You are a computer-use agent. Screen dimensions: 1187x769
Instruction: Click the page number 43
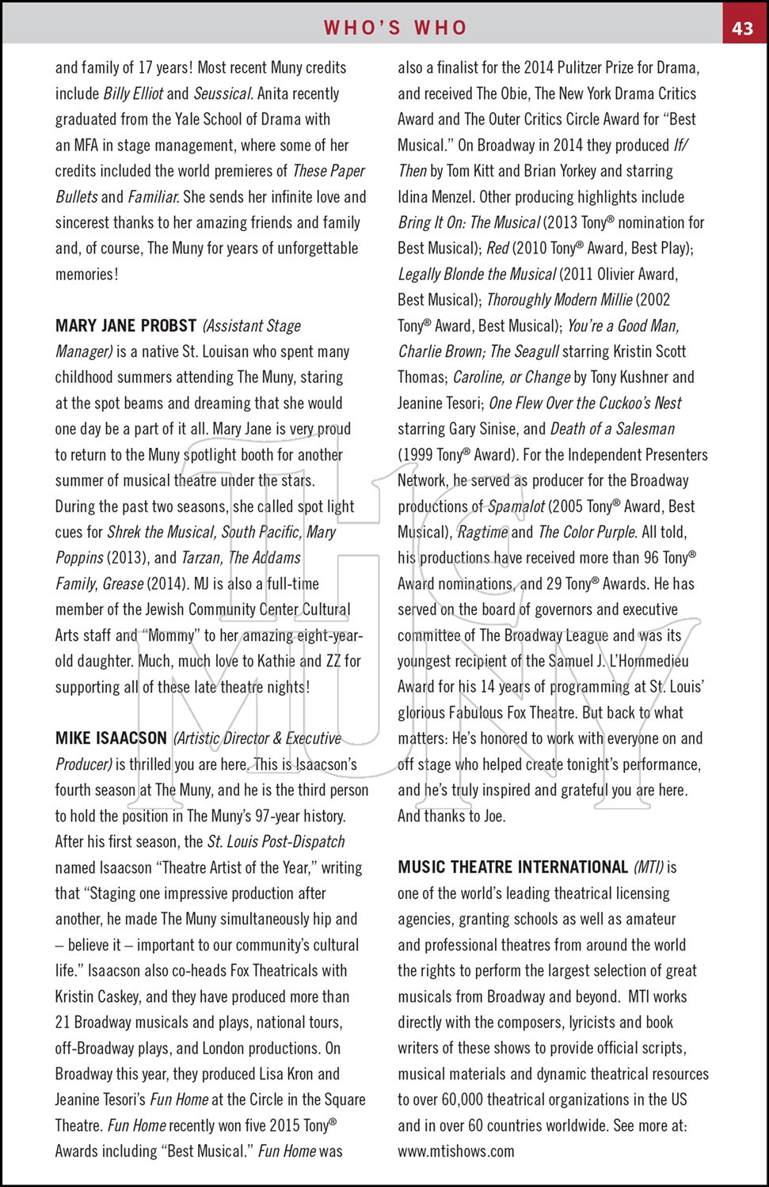[x=742, y=28]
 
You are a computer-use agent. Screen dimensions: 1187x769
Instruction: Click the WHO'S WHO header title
[x=395, y=28]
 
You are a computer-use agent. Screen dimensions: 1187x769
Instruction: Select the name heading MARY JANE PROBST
[x=126, y=326]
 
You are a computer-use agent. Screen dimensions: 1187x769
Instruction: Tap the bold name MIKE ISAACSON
[x=111, y=738]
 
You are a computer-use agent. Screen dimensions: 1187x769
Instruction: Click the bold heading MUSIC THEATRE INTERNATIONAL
[x=512, y=867]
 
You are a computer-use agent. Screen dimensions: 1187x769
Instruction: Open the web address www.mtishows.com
[x=455, y=1151]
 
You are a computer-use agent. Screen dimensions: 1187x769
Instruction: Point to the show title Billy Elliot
[x=133, y=93]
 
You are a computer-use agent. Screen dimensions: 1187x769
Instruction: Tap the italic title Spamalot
[x=516, y=506]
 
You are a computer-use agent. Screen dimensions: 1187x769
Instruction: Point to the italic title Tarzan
[x=201, y=558]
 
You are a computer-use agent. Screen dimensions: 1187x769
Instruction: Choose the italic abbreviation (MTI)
[x=648, y=867]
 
